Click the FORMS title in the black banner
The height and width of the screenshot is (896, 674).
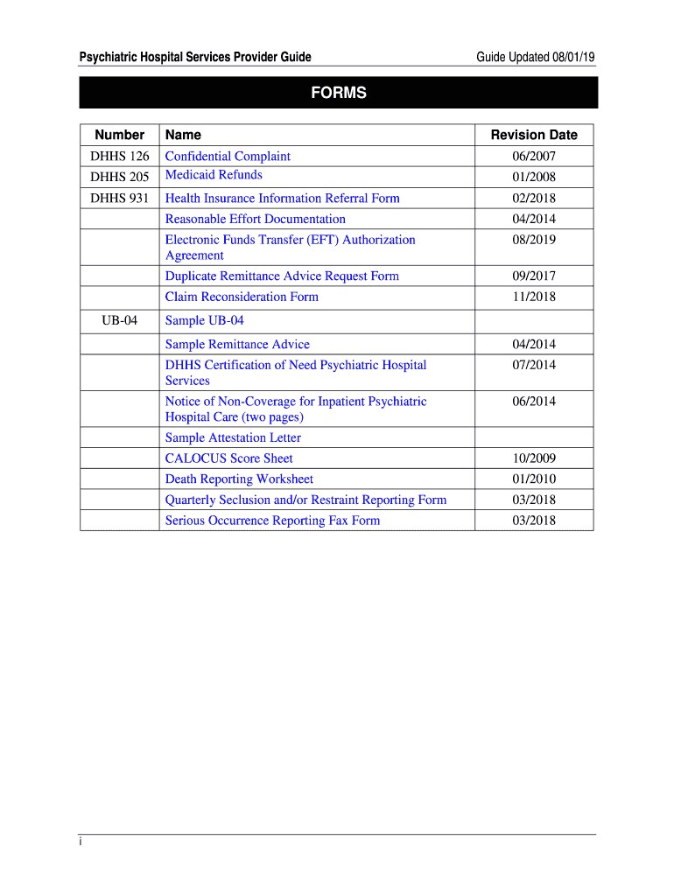point(338,93)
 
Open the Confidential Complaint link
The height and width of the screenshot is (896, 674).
point(228,156)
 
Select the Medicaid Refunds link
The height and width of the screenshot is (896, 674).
point(214,175)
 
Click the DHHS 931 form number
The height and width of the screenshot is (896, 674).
point(120,198)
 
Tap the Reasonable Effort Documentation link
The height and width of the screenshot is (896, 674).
point(255,219)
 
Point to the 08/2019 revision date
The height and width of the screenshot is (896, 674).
point(534,240)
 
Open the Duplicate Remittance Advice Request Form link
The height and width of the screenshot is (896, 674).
point(282,276)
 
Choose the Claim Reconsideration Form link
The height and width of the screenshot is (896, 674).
point(242,297)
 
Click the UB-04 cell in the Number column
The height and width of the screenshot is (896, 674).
point(119,320)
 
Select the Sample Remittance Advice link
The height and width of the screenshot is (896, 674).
point(237,344)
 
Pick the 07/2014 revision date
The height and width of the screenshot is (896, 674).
point(534,365)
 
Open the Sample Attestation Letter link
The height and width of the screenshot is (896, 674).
point(233,437)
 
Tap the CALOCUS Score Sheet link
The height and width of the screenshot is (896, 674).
point(228,458)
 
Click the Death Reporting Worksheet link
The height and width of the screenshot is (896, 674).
point(239,479)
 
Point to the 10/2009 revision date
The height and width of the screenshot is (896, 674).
point(534,458)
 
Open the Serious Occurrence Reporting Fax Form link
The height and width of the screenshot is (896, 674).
point(272,521)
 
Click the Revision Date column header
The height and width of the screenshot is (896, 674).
point(534,135)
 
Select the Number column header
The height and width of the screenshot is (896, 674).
point(120,135)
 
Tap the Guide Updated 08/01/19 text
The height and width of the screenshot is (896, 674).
point(536,58)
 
